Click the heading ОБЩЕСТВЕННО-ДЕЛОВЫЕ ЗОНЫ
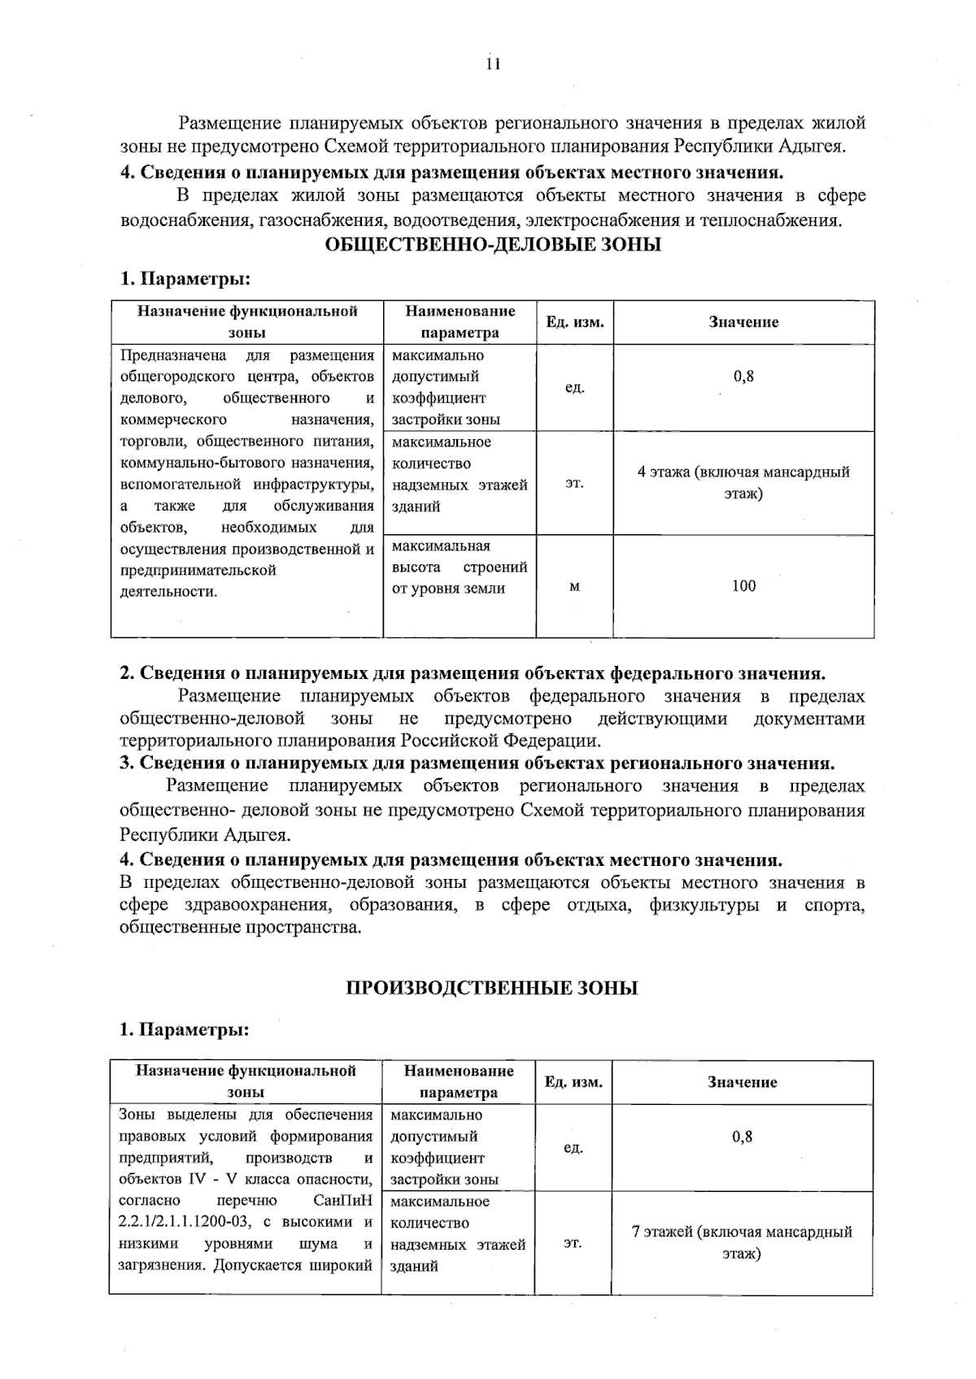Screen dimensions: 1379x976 click(x=493, y=245)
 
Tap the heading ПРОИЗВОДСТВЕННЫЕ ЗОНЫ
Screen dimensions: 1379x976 click(x=492, y=988)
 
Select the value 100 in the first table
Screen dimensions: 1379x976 click(x=743, y=585)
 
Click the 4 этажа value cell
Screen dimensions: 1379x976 click(x=743, y=483)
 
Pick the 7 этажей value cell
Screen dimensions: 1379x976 click(x=742, y=1242)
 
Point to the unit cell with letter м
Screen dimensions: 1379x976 click(x=574, y=586)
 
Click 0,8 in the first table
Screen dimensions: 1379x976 click(x=743, y=376)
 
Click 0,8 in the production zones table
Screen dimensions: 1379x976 click(x=742, y=1137)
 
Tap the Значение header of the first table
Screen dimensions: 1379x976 click(x=743, y=322)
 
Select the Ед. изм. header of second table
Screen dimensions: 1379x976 click(x=573, y=1082)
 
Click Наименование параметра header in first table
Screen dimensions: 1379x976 click(x=460, y=322)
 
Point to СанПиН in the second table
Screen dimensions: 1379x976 click(x=342, y=1201)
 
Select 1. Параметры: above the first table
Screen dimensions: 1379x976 click(x=185, y=279)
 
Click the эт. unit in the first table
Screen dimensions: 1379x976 click(x=574, y=483)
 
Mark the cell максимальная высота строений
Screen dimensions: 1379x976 click(x=459, y=568)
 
